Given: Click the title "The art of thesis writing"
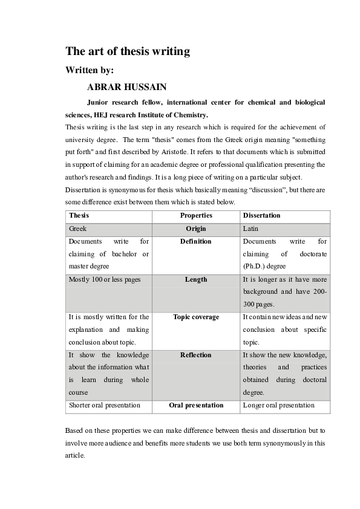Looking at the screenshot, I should tap(128, 52).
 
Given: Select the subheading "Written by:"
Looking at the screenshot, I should tap(89, 70).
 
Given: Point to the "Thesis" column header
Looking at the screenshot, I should tap(79, 215).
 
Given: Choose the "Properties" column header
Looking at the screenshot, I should tap(196, 215).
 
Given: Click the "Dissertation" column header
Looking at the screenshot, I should tap(261, 215).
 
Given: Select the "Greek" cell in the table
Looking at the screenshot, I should tap(77, 229).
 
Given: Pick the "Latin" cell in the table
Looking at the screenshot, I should tap(250, 229).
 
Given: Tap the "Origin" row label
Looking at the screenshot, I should tap(196, 229).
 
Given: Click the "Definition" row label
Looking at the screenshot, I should tap(196, 242).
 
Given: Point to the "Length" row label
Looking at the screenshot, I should tap(196, 279).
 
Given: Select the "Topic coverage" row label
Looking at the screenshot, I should tap(196, 317).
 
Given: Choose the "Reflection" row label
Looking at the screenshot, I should tap(196, 355).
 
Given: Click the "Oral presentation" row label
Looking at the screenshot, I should tap(196, 405).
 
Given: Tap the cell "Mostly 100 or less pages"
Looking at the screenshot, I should tap(104, 279).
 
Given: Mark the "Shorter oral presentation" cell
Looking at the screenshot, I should tap(105, 405).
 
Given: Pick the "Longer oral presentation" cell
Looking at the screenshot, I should tap(278, 405).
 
